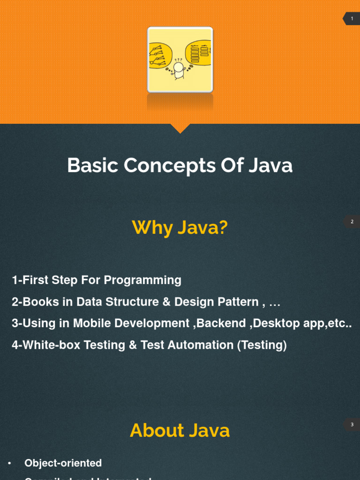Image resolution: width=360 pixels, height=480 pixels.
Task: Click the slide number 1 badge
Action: [x=352, y=19]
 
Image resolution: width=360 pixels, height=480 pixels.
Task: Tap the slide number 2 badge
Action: [x=352, y=221]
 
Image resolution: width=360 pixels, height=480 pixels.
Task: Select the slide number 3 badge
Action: [x=352, y=425]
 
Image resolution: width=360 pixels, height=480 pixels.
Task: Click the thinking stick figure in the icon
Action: [x=179, y=69]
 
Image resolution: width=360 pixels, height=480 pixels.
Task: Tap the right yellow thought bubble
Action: [x=199, y=52]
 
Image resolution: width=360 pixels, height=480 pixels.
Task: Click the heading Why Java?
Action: [x=180, y=228]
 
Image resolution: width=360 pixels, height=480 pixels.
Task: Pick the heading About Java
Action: [x=180, y=430]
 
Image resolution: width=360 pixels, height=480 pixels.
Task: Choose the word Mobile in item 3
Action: [x=90, y=323]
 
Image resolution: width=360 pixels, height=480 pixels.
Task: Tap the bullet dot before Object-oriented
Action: [x=9, y=464]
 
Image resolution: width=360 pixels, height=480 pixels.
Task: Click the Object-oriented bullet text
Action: [x=63, y=463]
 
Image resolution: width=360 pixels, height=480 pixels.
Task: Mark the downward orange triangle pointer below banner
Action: [x=180, y=127]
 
